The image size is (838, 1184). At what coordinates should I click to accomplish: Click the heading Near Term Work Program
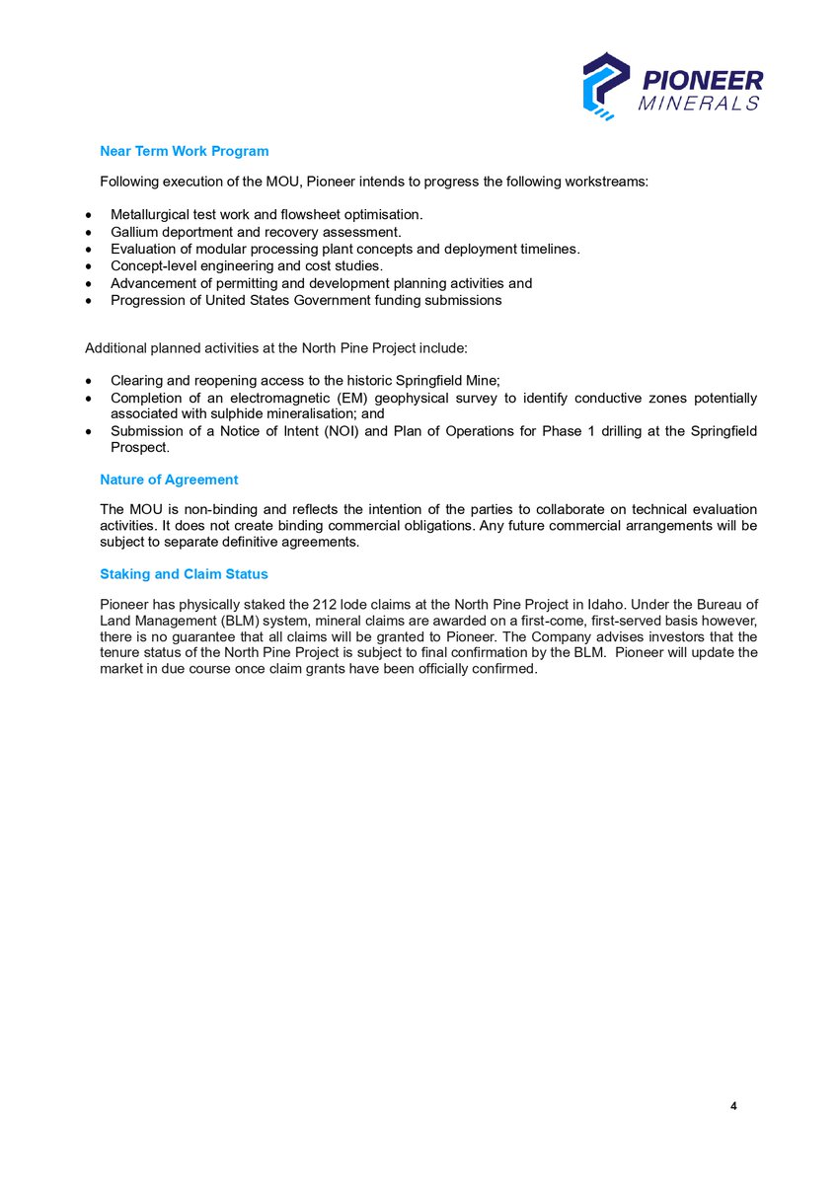pyautogui.click(x=184, y=151)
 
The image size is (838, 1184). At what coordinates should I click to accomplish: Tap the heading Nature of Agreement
pyautogui.click(x=169, y=480)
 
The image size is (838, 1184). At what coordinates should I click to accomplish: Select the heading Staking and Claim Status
pyautogui.click(x=184, y=573)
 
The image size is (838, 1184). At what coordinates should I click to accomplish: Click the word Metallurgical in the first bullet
pyautogui.click(x=154, y=214)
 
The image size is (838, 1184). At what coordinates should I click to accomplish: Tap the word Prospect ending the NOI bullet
pyautogui.click(x=138, y=448)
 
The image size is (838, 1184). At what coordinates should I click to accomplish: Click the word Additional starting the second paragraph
pyautogui.click(x=115, y=348)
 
